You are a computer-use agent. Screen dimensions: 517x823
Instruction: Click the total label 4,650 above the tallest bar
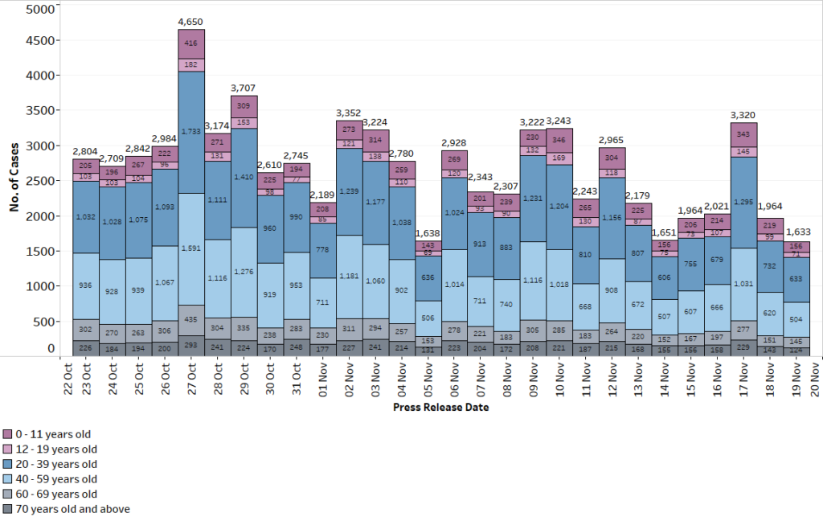191,22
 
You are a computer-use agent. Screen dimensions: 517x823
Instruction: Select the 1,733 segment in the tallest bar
191,131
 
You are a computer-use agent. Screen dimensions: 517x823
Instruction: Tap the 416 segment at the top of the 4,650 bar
191,43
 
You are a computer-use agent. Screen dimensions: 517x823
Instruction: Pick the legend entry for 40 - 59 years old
55,479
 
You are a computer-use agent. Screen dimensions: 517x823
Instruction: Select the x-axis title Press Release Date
440,407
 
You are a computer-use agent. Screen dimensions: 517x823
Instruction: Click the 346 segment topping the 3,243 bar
559,139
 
